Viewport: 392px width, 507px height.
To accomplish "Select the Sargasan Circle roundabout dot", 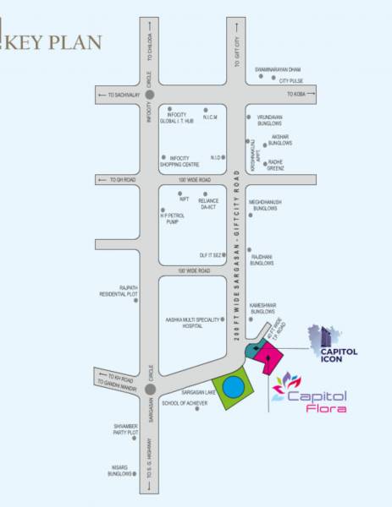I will (x=150, y=389).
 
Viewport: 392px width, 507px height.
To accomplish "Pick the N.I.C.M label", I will (x=212, y=117).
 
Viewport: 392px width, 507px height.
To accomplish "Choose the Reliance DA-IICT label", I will (x=210, y=204).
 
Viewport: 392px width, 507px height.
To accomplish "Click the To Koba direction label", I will (x=295, y=94).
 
